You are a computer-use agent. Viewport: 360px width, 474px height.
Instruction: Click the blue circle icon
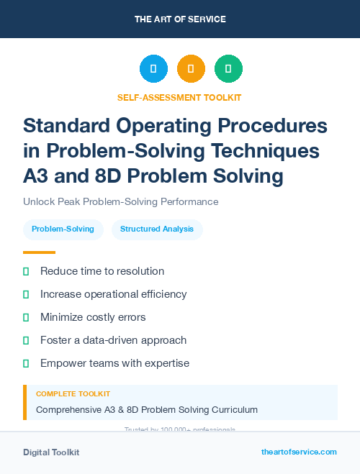pos(153,69)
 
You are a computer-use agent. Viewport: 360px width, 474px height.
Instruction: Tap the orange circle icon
pos(191,69)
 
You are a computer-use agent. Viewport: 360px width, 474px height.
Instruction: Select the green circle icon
pos(228,69)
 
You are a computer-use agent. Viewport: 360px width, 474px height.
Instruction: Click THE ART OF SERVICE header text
pos(180,19)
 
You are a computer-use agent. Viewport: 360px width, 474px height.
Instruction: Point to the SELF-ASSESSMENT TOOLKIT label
pos(179,97)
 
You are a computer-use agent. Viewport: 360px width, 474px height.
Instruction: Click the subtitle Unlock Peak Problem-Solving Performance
pos(120,202)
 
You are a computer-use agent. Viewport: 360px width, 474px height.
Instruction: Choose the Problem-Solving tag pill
pos(63,229)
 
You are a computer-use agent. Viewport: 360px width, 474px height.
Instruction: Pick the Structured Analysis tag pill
pos(157,229)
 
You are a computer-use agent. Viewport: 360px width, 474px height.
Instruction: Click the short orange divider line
pos(39,252)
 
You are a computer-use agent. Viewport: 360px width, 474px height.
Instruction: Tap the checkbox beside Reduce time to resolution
pos(27,272)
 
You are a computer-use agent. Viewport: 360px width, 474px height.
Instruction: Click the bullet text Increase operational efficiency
pos(113,294)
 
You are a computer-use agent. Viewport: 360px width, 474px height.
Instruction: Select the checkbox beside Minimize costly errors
pos(27,317)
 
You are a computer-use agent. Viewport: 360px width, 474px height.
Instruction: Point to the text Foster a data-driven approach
pos(113,340)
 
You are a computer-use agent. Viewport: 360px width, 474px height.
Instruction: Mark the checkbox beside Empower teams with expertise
pos(27,363)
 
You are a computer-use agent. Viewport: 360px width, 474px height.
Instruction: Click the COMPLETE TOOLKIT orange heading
pos(73,394)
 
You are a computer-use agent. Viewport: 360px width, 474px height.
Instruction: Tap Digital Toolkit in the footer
pos(51,452)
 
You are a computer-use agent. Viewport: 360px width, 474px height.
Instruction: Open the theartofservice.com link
pos(299,452)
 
